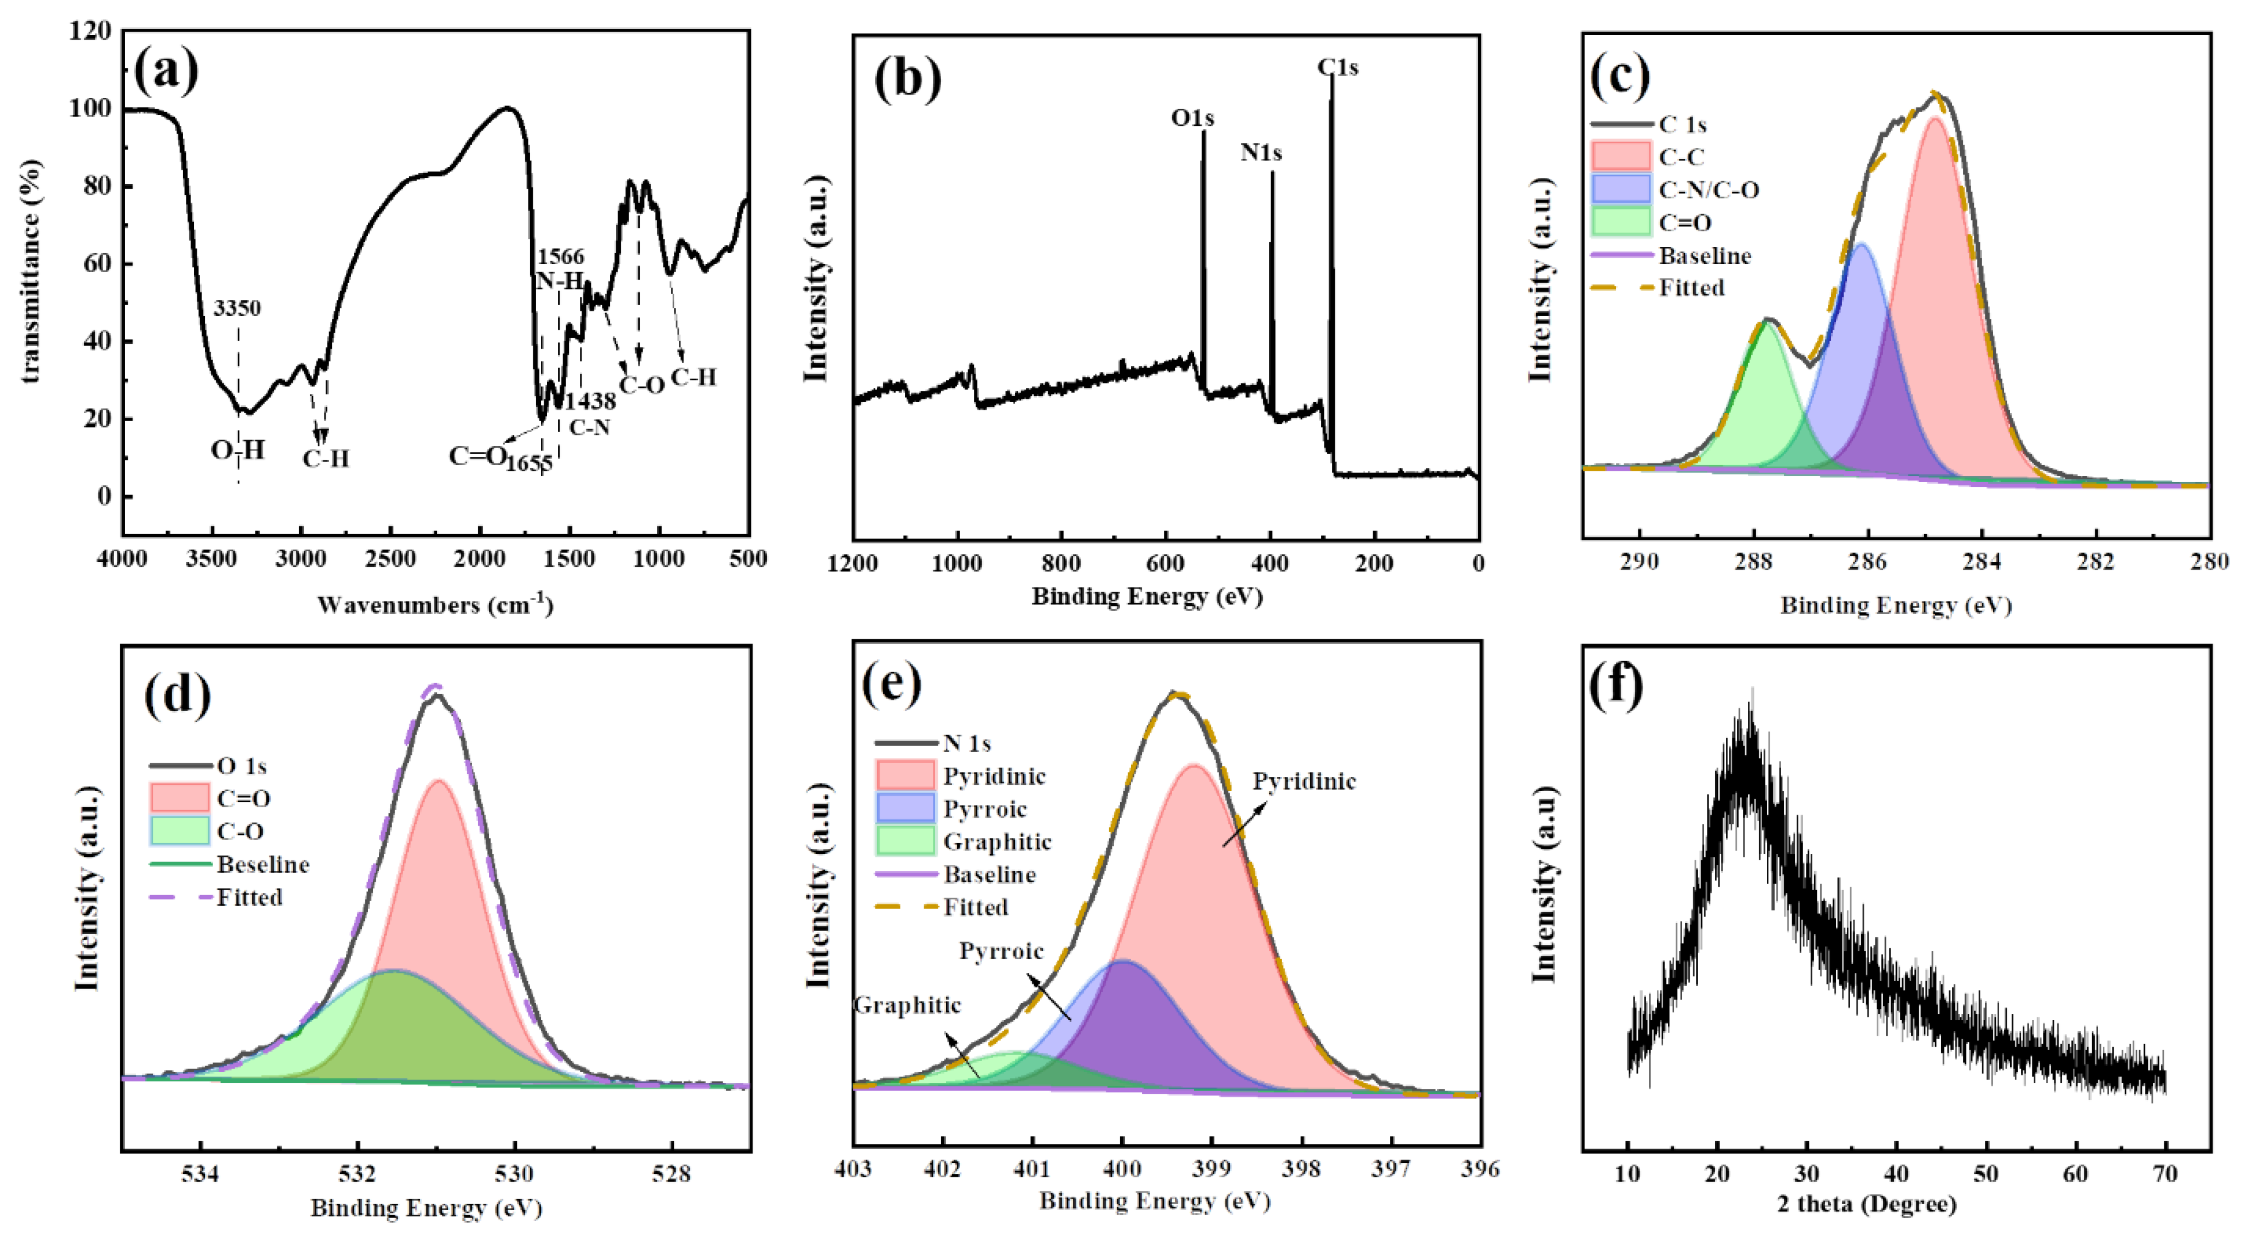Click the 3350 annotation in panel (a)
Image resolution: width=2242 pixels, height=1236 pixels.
[x=236, y=308]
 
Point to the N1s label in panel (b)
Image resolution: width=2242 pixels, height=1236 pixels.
[x=1261, y=153]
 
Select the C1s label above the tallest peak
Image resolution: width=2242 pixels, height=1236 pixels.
[x=1337, y=67]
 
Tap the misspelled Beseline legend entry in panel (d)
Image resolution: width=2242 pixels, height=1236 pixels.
[x=263, y=864]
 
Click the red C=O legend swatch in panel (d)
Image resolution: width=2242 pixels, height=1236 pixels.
[x=179, y=798]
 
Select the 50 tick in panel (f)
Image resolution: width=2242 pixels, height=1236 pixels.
[x=1986, y=1174]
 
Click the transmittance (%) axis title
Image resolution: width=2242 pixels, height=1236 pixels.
[x=31, y=272]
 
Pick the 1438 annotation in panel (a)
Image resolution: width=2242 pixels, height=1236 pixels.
[x=591, y=401]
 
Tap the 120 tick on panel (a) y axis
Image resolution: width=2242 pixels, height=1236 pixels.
[x=90, y=31]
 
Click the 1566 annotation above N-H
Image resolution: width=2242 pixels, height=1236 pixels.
[x=560, y=257]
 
